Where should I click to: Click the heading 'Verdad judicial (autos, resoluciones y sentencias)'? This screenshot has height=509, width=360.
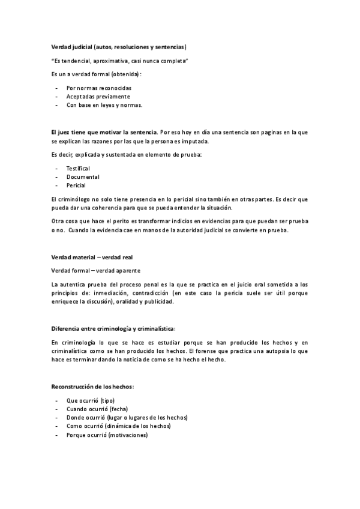[x=119, y=47]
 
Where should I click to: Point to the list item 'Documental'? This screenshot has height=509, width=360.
[x=83, y=177]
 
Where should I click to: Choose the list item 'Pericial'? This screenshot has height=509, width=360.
[x=76, y=185]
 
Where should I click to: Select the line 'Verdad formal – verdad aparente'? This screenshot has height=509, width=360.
[x=96, y=270]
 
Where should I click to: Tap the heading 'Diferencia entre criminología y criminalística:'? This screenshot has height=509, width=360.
[x=114, y=328]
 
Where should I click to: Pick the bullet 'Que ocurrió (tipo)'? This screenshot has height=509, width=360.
[x=90, y=400]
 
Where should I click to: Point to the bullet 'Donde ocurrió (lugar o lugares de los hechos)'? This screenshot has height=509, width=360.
[x=127, y=417]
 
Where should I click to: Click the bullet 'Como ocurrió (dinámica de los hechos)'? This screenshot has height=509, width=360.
[x=118, y=426]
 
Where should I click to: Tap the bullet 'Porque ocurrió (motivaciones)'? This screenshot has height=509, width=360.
[x=106, y=435]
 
